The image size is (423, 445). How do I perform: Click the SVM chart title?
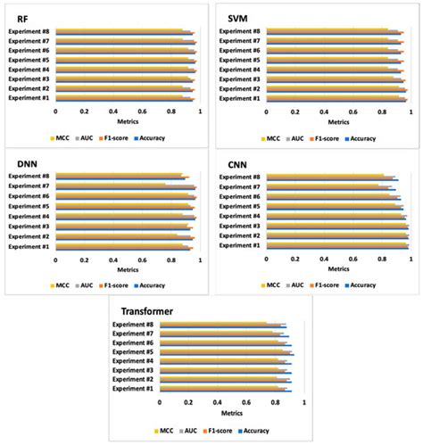pos(237,18)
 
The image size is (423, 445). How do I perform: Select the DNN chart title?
pos(19,162)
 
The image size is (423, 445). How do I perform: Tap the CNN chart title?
pos(236,164)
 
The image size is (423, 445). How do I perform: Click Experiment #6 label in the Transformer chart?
pos(132,342)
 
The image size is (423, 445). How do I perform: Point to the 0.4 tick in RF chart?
pos(113,111)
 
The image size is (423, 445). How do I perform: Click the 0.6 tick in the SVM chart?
pos(353,112)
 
